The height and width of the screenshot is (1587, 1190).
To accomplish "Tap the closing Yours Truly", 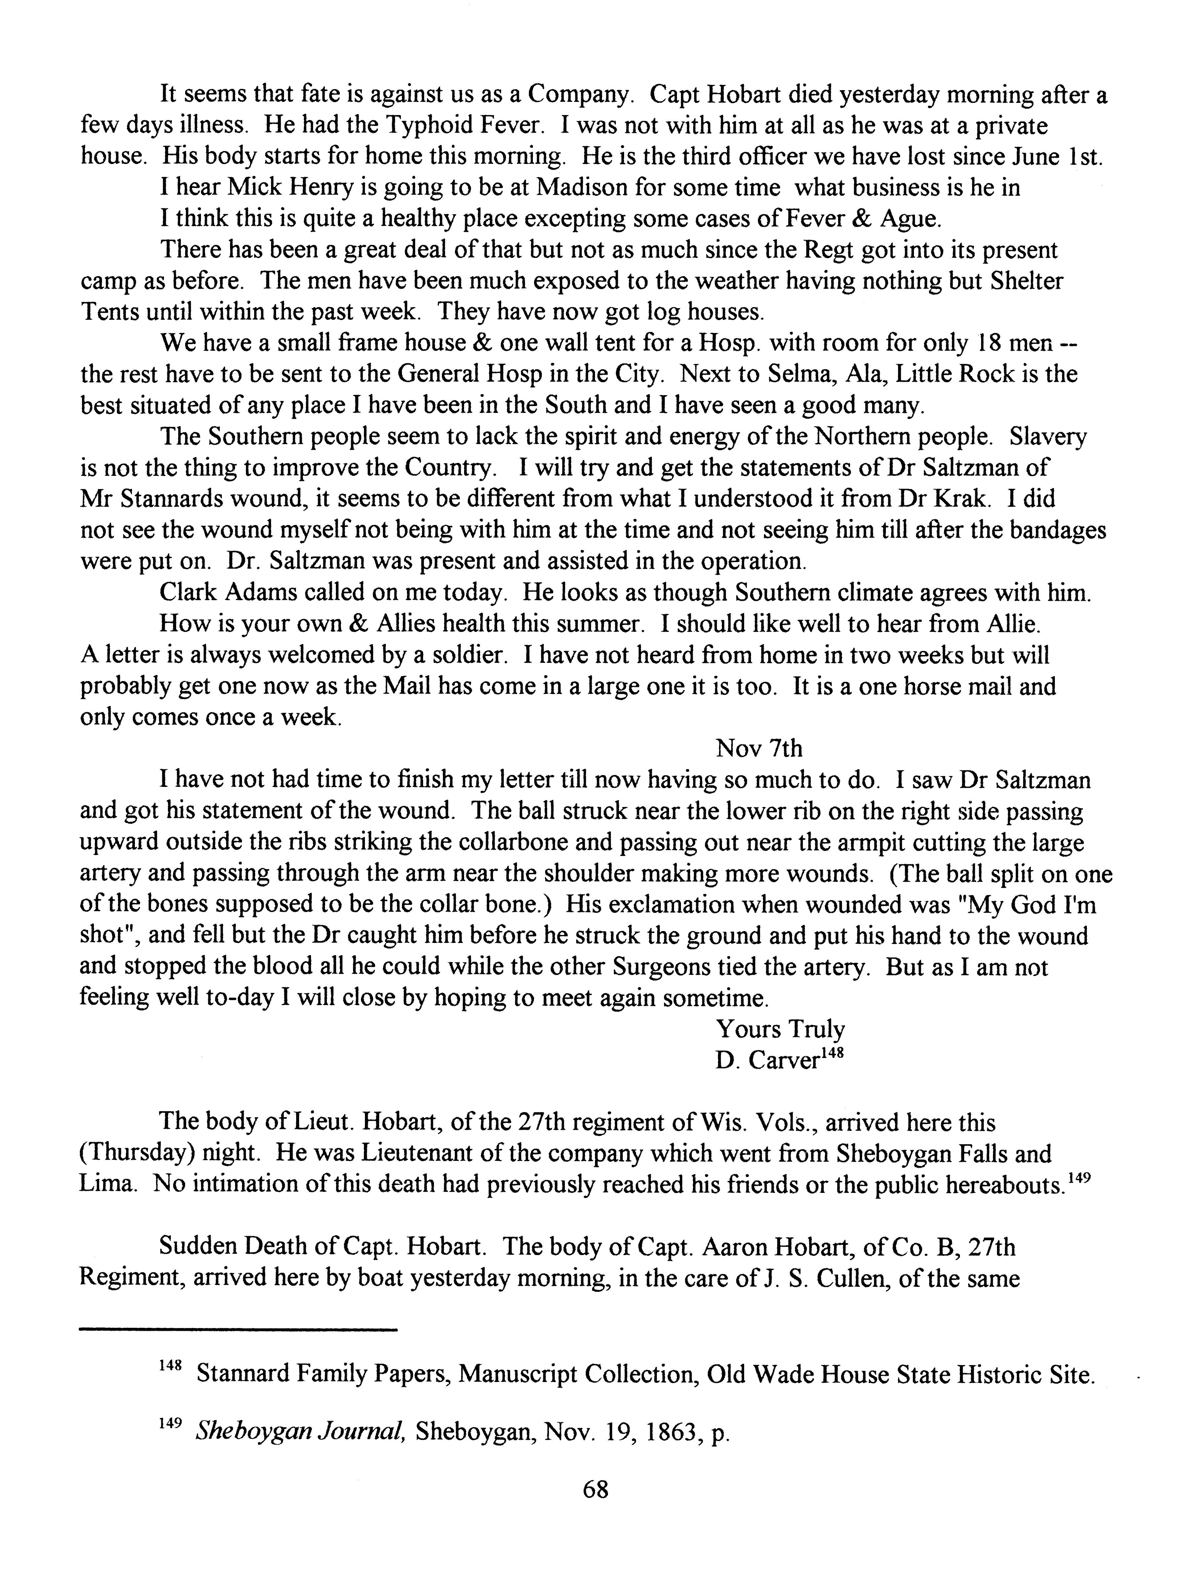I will pyautogui.click(x=780, y=1030).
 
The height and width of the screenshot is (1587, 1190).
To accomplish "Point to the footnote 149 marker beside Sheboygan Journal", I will pyautogui.click(x=169, y=1426).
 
